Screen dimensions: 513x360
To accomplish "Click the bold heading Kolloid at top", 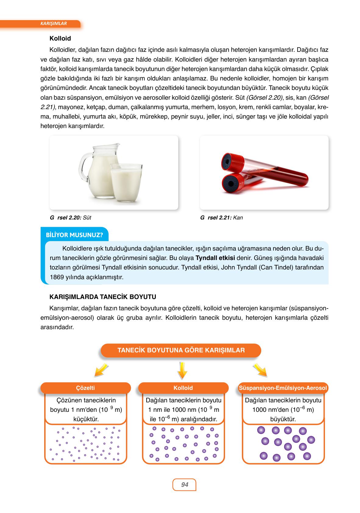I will click(60, 38).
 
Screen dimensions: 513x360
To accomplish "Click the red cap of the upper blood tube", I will click(232, 160).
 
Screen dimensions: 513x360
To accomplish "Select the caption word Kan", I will click(238, 218).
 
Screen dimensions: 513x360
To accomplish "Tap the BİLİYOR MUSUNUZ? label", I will click(74, 235).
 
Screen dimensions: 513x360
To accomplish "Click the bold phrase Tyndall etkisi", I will click(215, 258).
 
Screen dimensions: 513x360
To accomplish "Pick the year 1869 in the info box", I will click(52, 277).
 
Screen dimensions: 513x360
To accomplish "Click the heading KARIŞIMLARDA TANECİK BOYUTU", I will click(103, 297).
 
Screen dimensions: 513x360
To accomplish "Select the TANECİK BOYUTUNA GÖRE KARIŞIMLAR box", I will click(181, 350).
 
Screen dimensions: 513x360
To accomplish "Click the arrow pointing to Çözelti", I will click(101, 370).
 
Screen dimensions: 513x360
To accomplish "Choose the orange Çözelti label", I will click(85, 388).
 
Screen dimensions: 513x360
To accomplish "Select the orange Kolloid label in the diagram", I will click(183, 388).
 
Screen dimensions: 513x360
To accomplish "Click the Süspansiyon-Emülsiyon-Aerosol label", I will click(283, 388).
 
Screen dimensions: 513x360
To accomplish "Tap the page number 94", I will click(184, 485).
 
